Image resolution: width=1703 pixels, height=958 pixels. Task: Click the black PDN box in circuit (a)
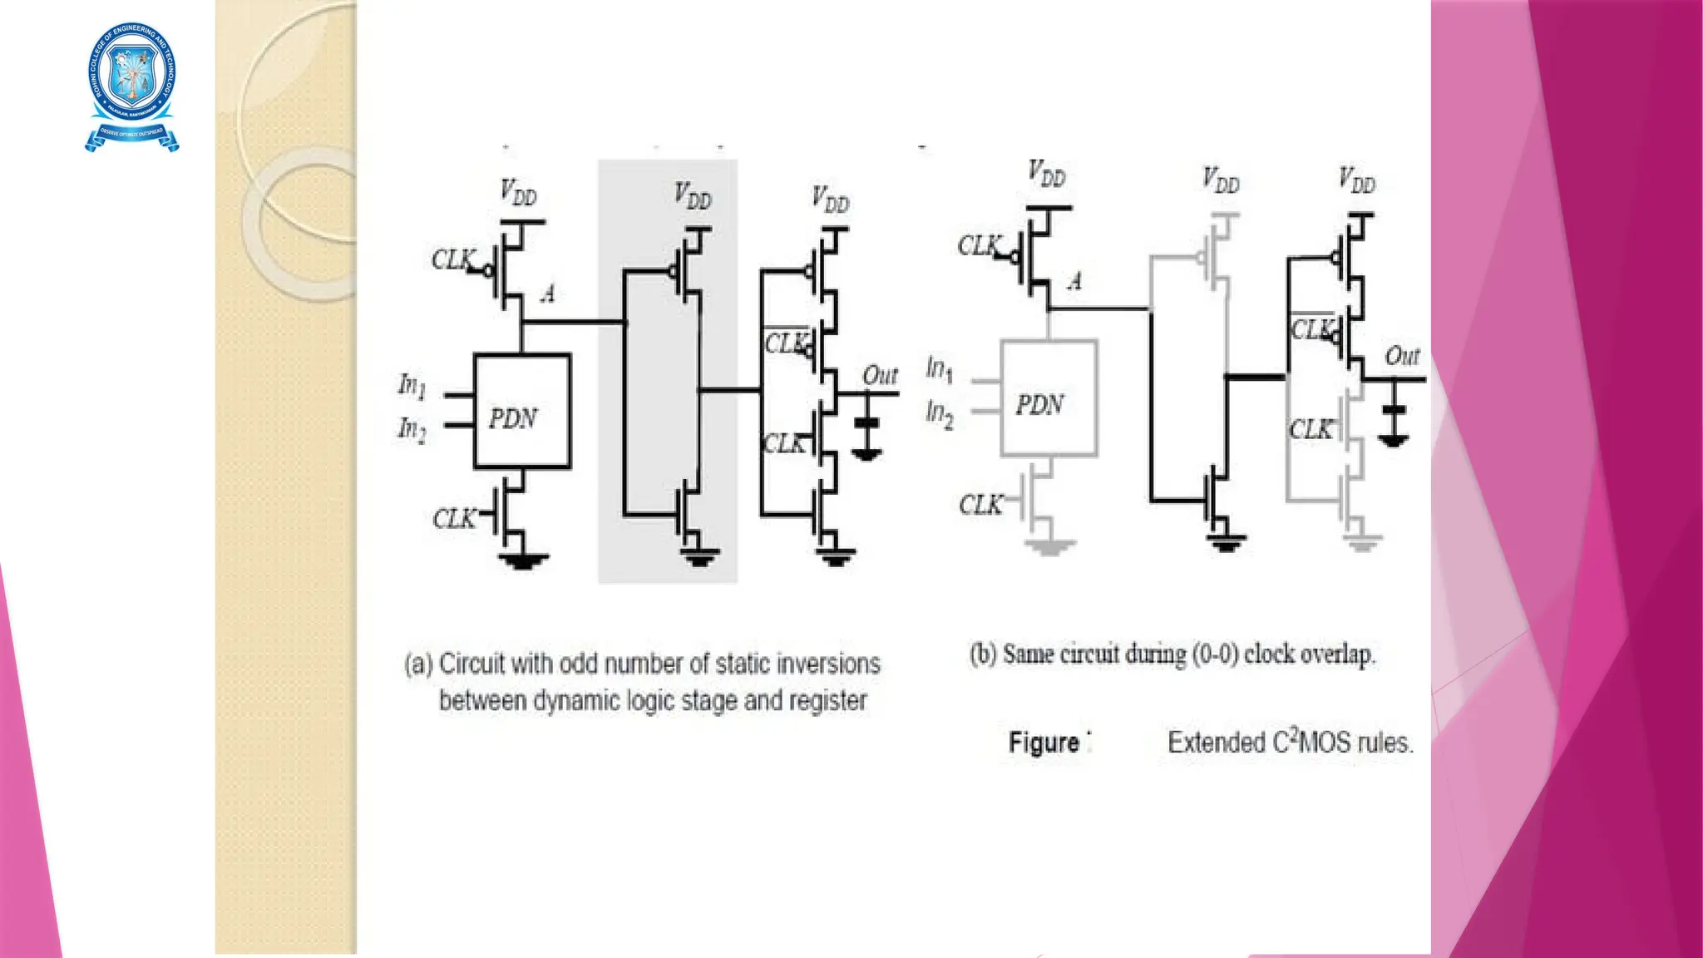[522, 412]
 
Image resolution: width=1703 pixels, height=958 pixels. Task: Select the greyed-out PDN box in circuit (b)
[1049, 399]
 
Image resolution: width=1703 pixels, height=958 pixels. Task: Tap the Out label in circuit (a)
[880, 376]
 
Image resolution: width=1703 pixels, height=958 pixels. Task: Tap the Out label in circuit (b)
[1402, 357]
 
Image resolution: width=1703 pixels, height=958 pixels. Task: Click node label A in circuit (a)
[548, 294]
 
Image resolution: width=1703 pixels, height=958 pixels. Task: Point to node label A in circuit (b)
[1075, 281]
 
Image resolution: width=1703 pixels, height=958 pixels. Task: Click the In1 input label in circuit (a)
[412, 386]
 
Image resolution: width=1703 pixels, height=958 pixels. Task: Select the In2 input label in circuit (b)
[940, 413]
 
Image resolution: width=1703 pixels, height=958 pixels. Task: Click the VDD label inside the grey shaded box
[693, 196]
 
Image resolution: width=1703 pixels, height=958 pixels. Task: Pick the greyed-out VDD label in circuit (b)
[1221, 180]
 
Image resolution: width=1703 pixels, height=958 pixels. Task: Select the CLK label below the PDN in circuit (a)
[454, 519]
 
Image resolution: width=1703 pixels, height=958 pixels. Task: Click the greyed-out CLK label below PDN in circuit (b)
[980, 505]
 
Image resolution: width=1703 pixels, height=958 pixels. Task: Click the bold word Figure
[1044, 742]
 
